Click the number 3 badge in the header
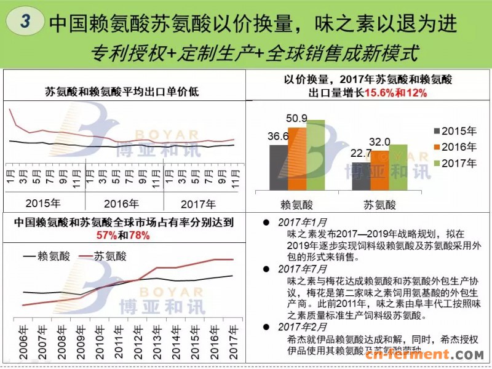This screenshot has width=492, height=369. pos(25,21)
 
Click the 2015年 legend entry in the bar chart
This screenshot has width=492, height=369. pos(456,131)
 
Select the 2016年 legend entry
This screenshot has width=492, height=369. pos(456,147)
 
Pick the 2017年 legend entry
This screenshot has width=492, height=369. pos(456,163)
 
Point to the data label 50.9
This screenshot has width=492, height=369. pos(298,118)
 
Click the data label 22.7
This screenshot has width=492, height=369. pos(362,154)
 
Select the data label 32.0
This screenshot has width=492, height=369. pos(380,141)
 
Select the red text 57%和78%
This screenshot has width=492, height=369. pos(123,236)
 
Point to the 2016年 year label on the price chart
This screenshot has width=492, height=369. pos(122,204)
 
